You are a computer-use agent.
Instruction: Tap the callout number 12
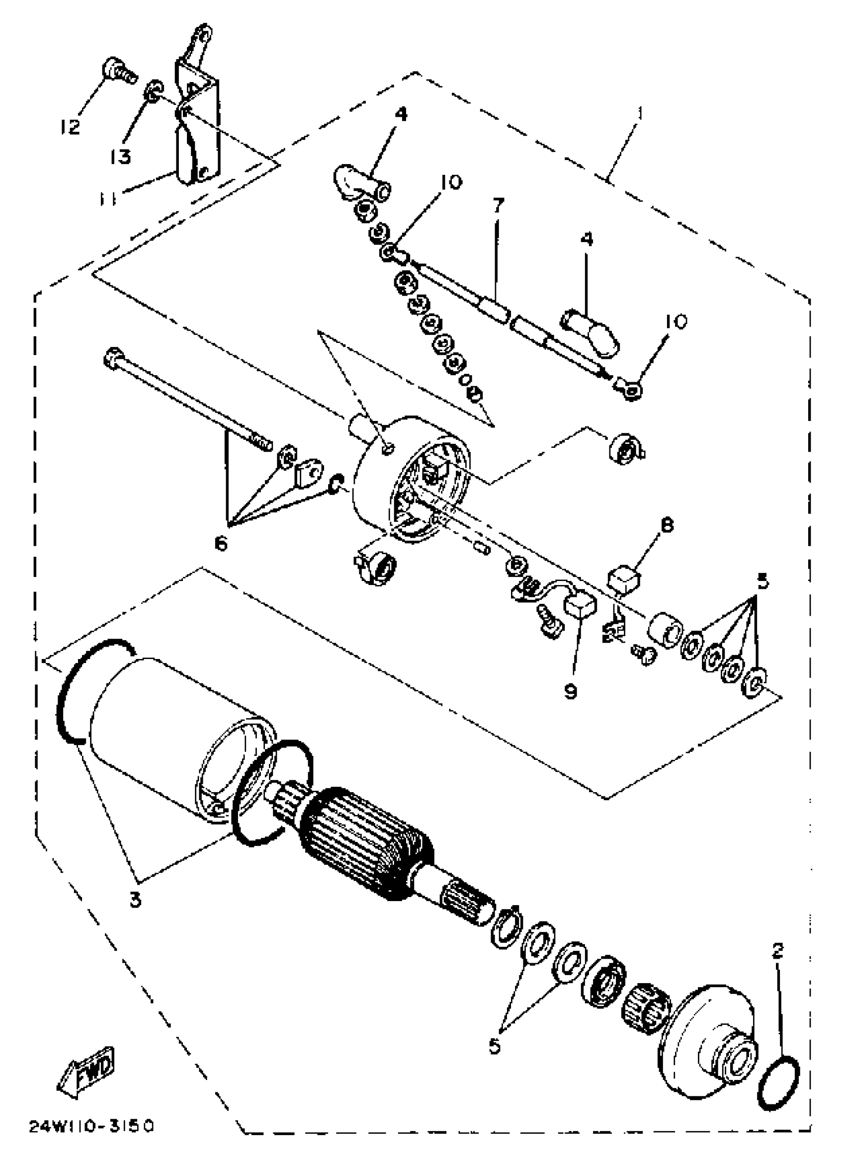tap(70, 126)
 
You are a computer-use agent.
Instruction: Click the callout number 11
tap(109, 198)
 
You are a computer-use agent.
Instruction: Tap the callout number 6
tap(220, 544)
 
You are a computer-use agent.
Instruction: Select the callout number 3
tap(135, 900)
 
